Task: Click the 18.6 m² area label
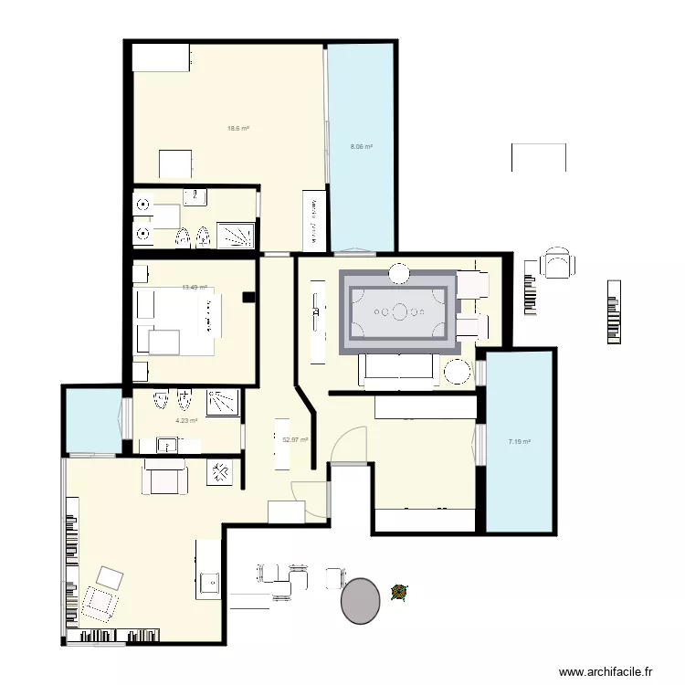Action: (238, 128)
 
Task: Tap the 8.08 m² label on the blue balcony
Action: (361, 146)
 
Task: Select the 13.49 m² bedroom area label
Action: (195, 287)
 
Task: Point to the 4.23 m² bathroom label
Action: (186, 421)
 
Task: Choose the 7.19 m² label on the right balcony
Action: (519, 442)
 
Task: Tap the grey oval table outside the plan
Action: (360, 600)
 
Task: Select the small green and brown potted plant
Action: (398, 593)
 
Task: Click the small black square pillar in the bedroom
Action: (247, 297)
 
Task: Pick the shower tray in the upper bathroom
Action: (237, 235)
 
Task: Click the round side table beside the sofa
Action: (456, 373)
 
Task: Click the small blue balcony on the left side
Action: (91, 420)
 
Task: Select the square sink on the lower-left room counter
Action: (209, 582)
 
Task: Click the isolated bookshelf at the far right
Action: (611, 312)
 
